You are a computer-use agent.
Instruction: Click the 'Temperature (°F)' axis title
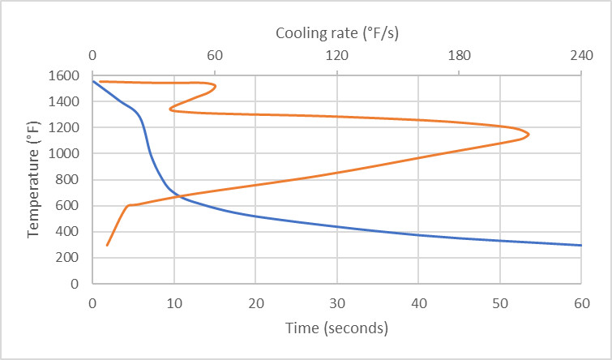coord(33,179)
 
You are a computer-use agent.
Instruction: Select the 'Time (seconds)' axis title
coord(336,328)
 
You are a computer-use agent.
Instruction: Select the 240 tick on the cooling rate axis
coord(581,56)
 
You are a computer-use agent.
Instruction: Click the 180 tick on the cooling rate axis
coord(459,56)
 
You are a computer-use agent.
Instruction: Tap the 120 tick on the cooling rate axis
coord(336,56)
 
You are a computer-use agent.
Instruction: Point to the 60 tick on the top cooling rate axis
coord(214,56)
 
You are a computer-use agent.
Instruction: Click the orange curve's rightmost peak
coord(529,134)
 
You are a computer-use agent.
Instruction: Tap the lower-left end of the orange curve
coord(107,245)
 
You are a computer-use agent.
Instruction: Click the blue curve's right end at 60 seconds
coord(581,245)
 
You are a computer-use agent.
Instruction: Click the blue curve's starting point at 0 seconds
coord(92,81)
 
